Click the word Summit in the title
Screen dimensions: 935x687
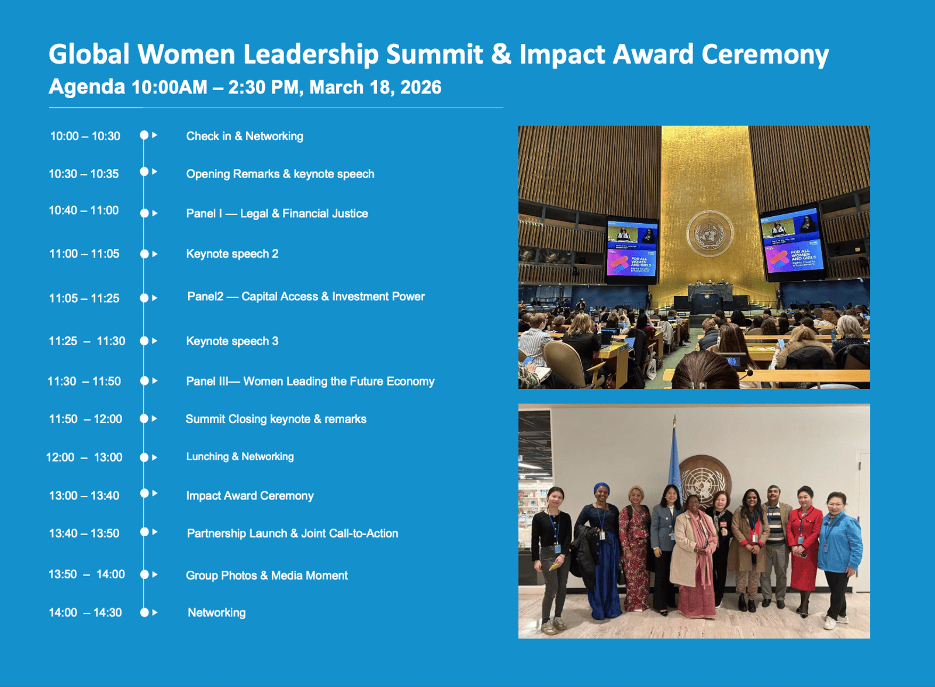pyautogui.click(x=434, y=54)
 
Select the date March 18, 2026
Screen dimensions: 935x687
pyautogui.click(x=375, y=87)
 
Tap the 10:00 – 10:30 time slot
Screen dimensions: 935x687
pyautogui.click(x=85, y=136)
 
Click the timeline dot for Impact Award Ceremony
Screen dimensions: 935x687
pyautogui.click(x=144, y=493)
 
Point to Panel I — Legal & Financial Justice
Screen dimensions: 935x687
pyautogui.click(x=277, y=213)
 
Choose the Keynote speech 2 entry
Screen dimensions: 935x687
pyautogui.click(x=232, y=254)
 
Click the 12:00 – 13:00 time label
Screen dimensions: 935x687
pyautogui.click(x=84, y=457)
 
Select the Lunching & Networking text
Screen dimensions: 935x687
pyautogui.click(x=240, y=457)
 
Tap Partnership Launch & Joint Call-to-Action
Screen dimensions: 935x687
pyautogui.click(x=293, y=533)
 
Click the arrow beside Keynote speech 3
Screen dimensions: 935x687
pyautogui.click(x=155, y=341)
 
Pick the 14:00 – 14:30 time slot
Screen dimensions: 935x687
pyautogui.click(x=85, y=612)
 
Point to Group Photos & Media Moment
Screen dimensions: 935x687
pyautogui.click(x=266, y=575)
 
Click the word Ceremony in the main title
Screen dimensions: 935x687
pyautogui.click(x=765, y=54)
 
